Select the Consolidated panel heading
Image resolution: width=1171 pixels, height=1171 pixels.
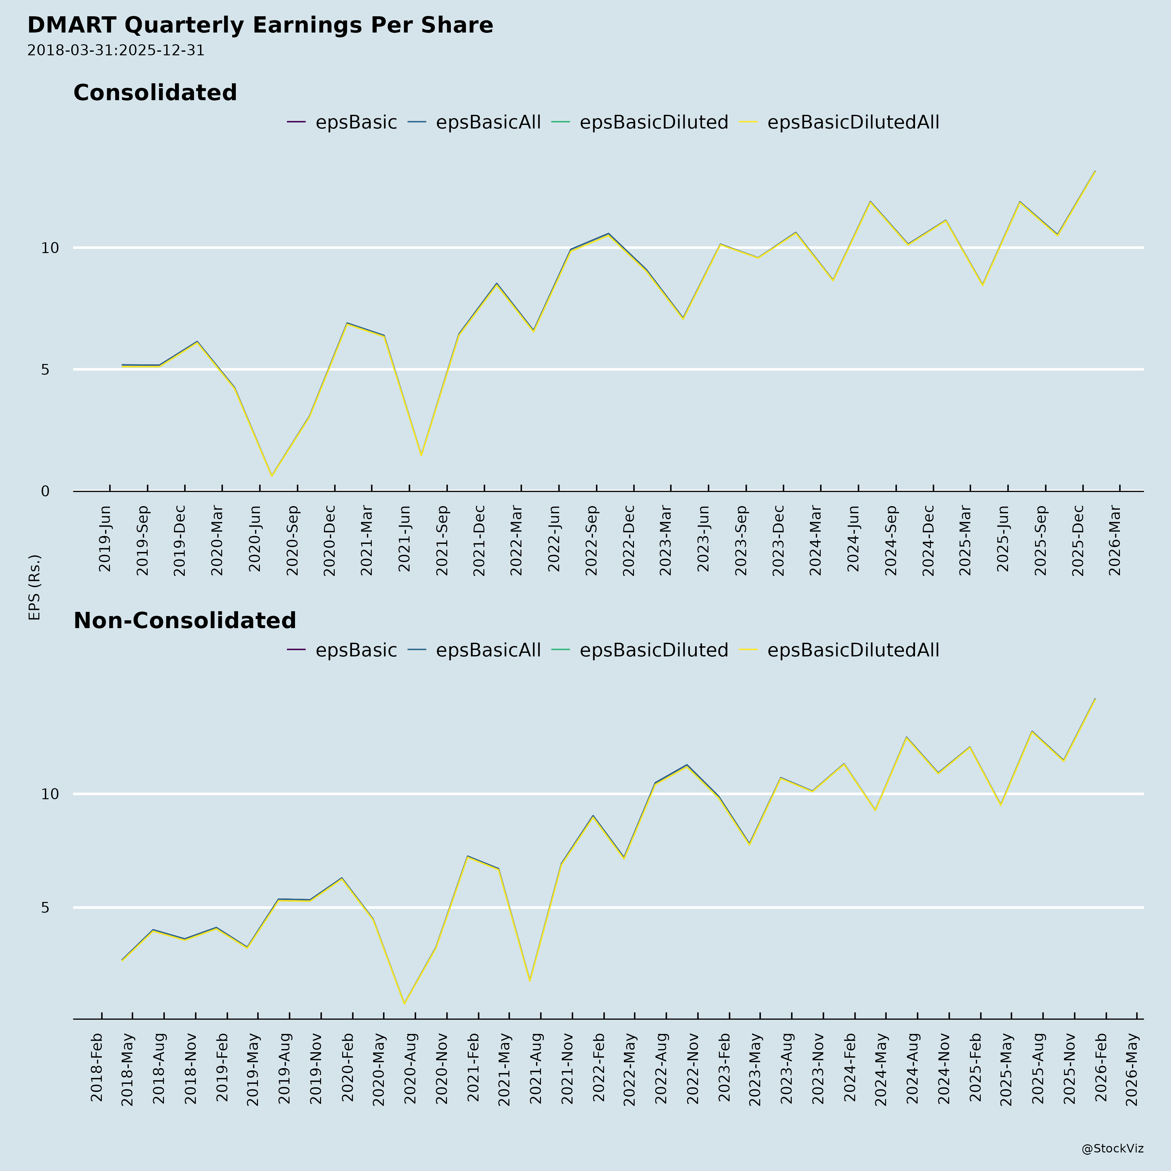tap(155, 93)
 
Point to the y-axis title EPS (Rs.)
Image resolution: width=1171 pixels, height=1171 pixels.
tap(34, 587)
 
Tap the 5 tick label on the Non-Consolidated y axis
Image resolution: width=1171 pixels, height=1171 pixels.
tap(46, 907)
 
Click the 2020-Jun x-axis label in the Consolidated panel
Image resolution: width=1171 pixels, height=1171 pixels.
tap(255, 538)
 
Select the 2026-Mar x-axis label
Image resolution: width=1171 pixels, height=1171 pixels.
tap(1115, 541)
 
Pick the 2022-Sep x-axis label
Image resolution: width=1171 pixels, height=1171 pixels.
tap(592, 541)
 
